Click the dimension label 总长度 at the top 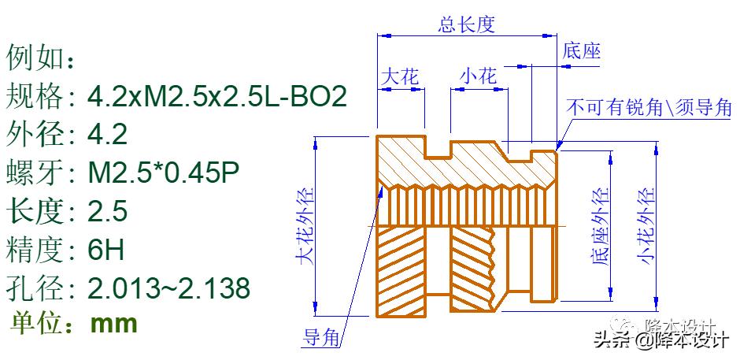click(x=465, y=24)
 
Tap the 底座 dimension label click(x=582, y=52)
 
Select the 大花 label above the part click(x=400, y=76)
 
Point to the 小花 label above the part click(x=479, y=76)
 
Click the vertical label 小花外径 click(x=646, y=226)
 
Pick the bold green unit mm click(x=114, y=324)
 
